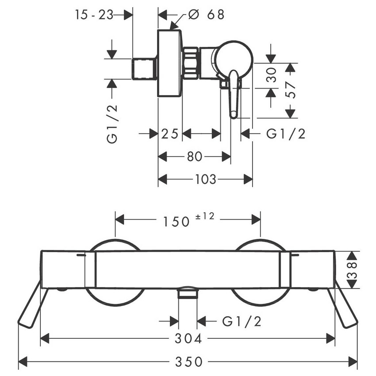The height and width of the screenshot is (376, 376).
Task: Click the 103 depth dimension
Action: pos(206,180)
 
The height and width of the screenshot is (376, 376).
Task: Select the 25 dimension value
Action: pos(170,133)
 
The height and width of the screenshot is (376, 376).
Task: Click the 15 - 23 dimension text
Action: pos(94,15)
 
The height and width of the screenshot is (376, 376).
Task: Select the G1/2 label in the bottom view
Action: pos(242,321)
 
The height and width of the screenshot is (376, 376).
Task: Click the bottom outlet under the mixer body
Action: pos(188,292)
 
